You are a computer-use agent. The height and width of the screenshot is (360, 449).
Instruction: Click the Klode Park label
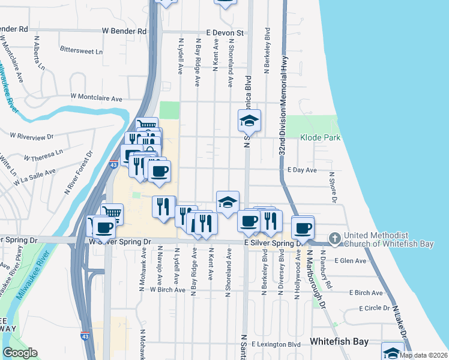pyautogui.click(x=321, y=138)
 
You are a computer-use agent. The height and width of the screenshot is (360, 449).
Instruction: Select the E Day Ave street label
pyautogui.click(x=302, y=170)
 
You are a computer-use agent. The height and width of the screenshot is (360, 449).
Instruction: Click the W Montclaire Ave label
pyautogui.click(x=96, y=97)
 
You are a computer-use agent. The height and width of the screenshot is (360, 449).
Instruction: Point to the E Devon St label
pyautogui.click(x=224, y=32)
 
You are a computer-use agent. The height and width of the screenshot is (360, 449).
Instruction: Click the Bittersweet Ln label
pyautogui.click(x=81, y=52)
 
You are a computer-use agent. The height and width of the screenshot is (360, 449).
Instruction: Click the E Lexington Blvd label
pyautogui.click(x=276, y=345)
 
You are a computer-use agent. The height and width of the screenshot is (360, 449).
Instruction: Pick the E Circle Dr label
pyautogui.click(x=375, y=308)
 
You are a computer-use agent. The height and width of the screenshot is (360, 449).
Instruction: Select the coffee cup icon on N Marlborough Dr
pyautogui.click(x=303, y=228)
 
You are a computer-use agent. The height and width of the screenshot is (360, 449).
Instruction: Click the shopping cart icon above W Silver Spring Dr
pyautogui.click(x=112, y=212)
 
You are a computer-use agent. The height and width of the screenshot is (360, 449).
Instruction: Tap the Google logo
pyautogui.click(x=20, y=353)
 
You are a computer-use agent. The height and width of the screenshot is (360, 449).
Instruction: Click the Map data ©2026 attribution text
pyautogui.click(x=424, y=355)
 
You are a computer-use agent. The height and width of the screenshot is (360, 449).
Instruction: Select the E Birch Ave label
pyautogui.click(x=366, y=293)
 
